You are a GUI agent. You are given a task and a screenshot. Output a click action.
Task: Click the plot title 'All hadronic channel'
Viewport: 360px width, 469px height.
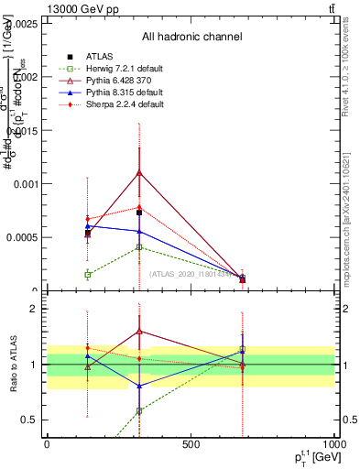[191, 37]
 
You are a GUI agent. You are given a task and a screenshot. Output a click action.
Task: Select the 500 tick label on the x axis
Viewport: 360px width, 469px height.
[191, 443]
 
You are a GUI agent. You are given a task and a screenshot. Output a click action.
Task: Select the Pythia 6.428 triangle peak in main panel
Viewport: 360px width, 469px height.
[139, 172]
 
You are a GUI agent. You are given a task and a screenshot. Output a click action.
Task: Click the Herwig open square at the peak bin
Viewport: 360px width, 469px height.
[139, 247]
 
